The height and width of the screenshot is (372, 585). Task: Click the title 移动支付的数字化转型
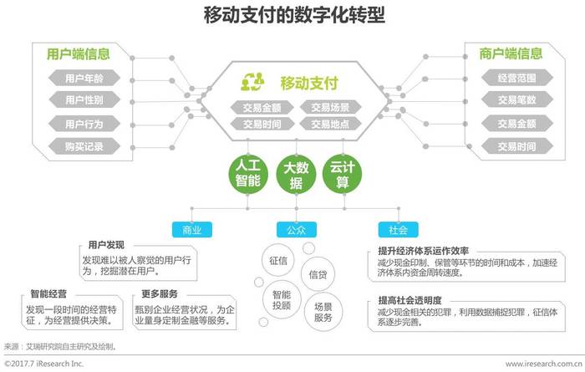click(293, 15)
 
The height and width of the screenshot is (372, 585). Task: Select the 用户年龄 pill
click(84, 79)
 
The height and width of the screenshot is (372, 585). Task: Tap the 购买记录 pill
click(84, 146)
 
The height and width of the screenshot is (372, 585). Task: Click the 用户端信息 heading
click(78, 54)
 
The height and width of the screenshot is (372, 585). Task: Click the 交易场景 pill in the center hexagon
click(331, 107)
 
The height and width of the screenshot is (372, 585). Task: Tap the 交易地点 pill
click(331, 125)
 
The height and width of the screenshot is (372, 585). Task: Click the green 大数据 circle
click(292, 173)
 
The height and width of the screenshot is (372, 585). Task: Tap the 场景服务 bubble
click(322, 312)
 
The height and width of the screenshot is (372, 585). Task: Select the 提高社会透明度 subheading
click(409, 299)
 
